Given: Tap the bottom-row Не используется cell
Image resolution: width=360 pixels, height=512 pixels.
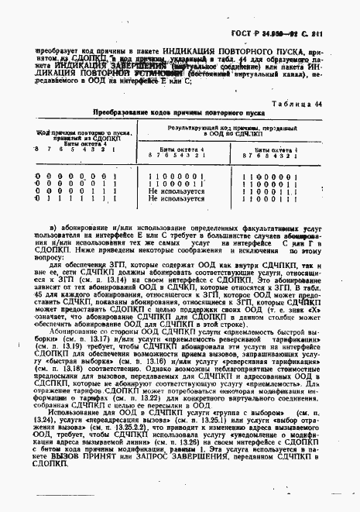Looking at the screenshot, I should pyautogui.click(x=177, y=198).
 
